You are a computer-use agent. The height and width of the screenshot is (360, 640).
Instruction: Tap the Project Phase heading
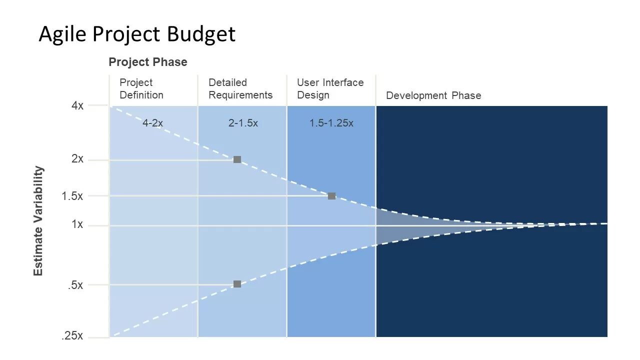tap(148, 62)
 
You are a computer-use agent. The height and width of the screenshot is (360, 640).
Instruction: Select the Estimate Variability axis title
tap(38, 221)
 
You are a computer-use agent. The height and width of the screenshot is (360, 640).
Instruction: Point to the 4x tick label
tap(77, 105)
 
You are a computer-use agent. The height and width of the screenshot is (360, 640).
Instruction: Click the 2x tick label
tap(77, 158)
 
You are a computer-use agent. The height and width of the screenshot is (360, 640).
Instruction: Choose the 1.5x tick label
tap(72, 196)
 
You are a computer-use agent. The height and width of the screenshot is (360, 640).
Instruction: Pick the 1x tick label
tap(77, 224)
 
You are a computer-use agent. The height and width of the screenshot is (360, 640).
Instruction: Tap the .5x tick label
tap(75, 285)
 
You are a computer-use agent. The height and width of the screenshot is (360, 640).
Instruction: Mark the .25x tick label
tap(72, 335)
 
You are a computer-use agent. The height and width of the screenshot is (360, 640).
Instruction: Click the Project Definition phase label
tap(141, 88)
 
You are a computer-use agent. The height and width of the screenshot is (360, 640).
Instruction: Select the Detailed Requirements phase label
tap(240, 88)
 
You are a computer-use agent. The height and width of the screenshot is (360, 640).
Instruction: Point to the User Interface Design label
tap(330, 88)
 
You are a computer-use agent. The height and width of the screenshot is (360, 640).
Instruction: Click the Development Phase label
tap(433, 95)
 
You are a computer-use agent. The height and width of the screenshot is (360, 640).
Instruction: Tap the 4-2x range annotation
tap(153, 123)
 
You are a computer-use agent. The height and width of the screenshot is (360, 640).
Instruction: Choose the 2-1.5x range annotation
tap(243, 123)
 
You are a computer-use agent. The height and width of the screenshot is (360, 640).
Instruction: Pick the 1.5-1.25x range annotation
tap(331, 123)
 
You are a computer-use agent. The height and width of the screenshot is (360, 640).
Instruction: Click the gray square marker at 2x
tap(237, 159)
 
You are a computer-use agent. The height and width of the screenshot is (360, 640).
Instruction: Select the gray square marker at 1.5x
tap(331, 196)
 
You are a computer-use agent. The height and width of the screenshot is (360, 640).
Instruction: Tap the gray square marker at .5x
tap(237, 284)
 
